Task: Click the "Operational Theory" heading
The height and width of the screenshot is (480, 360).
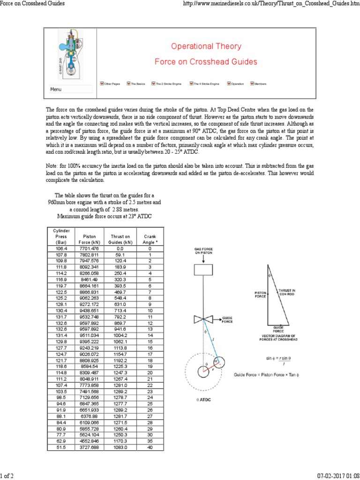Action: pos(206,46)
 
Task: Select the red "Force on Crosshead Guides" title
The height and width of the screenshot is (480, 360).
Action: pos(206,62)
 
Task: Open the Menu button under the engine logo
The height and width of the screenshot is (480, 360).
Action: pos(56,89)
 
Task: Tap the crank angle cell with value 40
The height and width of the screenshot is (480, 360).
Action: pos(150,448)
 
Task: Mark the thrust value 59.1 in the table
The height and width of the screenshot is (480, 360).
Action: pos(120,255)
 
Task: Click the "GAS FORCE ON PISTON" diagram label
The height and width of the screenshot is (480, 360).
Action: pos(203,250)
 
